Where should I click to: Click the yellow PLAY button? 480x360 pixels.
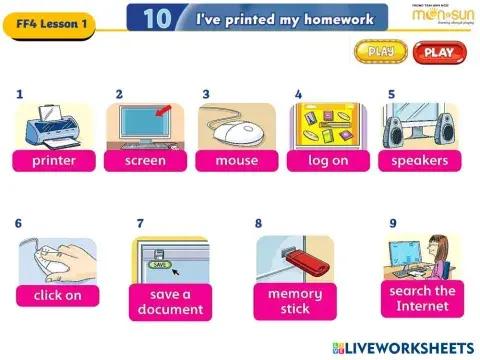(x=381, y=51)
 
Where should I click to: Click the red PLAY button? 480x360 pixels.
(x=438, y=52)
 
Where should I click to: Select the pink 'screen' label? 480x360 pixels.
(x=145, y=160)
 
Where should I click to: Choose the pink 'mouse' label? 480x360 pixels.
(x=236, y=160)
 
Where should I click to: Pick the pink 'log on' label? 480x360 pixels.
(x=328, y=160)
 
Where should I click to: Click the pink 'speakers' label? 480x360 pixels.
(x=420, y=160)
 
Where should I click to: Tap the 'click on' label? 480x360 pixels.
(x=57, y=295)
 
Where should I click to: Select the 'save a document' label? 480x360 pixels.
(x=170, y=301)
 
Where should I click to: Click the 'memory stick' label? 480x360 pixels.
(x=295, y=301)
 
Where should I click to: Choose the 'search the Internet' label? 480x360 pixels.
(x=422, y=298)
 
